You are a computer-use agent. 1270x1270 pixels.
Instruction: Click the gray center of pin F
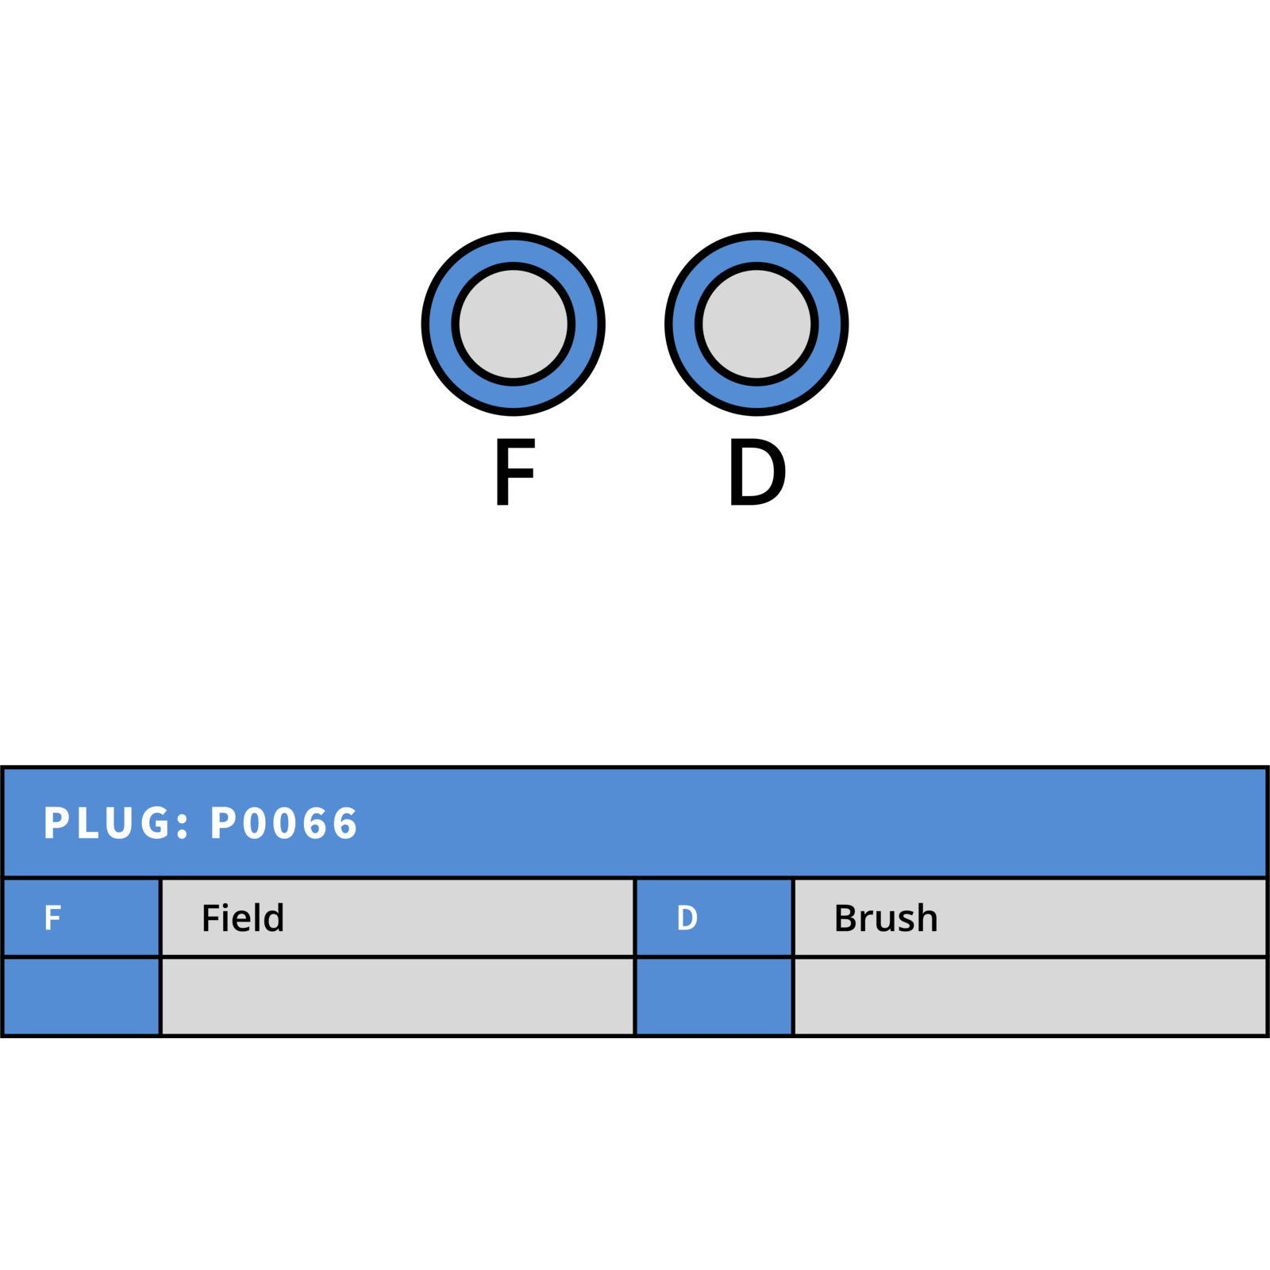[x=514, y=324]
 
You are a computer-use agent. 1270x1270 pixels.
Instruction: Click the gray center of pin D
[x=756, y=324]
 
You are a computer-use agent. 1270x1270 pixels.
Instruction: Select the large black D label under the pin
[x=758, y=471]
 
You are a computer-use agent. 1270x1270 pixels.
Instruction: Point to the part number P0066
[x=283, y=822]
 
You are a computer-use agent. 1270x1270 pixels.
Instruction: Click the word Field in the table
[x=243, y=918]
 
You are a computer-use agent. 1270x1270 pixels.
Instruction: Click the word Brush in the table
[x=886, y=918]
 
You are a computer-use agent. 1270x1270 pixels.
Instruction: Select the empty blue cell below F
[x=81, y=996]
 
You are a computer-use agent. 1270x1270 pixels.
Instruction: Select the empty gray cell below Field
[x=398, y=996]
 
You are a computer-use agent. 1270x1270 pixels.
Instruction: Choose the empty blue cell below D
[x=714, y=996]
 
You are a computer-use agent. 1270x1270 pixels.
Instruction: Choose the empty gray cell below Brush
[x=1029, y=996]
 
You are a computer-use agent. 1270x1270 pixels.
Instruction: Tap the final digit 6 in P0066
[x=345, y=822]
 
